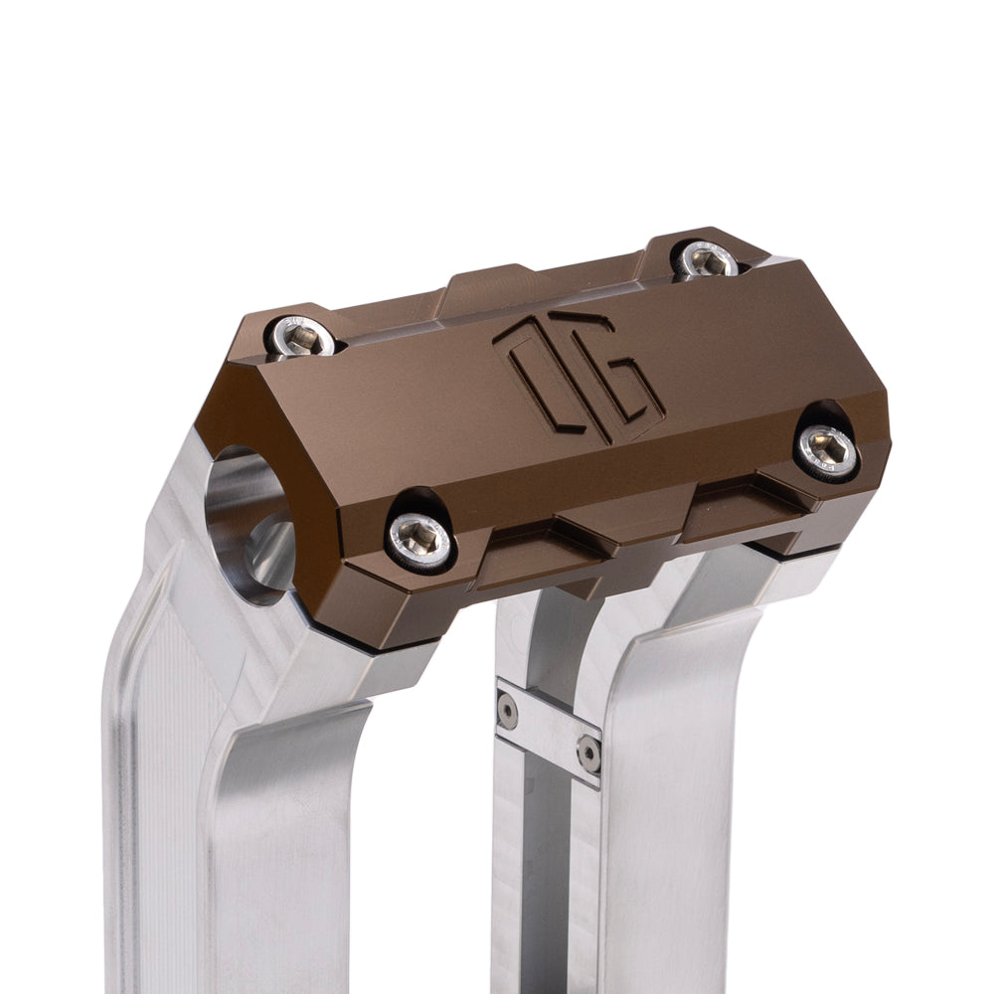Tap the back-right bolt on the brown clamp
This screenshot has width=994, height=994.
click(x=707, y=260)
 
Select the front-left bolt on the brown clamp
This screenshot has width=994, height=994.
click(x=420, y=541)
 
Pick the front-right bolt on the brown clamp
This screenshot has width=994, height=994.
click(x=828, y=451)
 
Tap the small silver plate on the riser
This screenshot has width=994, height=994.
click(x=549, y=731)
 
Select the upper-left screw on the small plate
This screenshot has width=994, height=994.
click(x=508, y=710)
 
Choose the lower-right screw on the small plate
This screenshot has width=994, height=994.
click(x=588, y=753)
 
